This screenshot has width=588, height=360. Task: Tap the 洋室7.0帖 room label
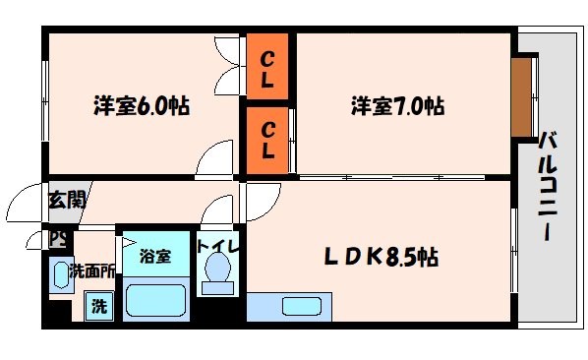click(397, 105)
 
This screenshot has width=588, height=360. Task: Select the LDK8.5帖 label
click(382, 258)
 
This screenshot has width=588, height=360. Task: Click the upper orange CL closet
click(267, 67)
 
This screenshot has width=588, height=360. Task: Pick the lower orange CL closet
click(267, 139)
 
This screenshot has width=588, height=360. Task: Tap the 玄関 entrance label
click(67, 200)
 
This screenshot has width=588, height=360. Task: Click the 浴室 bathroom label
click(154, 257)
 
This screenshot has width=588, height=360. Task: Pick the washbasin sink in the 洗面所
click(61, 273)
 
